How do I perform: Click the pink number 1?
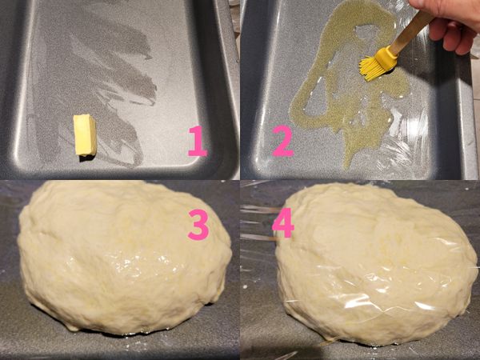198,141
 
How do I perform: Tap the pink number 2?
283,141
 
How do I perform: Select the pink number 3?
198,224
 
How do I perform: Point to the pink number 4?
283,223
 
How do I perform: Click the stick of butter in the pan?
85,135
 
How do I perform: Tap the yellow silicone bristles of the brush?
373,68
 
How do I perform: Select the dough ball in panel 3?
124,257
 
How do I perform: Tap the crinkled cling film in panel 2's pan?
404,144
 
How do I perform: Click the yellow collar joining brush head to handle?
387,57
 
